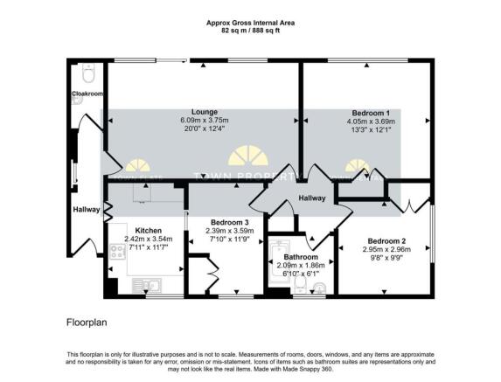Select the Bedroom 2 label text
pyautogui.click(x=386, y=240)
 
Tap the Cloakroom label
pyautogui.click(x=87, y=94)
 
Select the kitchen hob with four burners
pyautogui.click(x=116, y=254)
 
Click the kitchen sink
pyautogui.click(x=143, y=284)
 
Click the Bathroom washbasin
pyautogui.click(x=319, y=287)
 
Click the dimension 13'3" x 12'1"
pyautogui.click(x=370, y=132)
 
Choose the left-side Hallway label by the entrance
pyautogui.click(x=86, y=209)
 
